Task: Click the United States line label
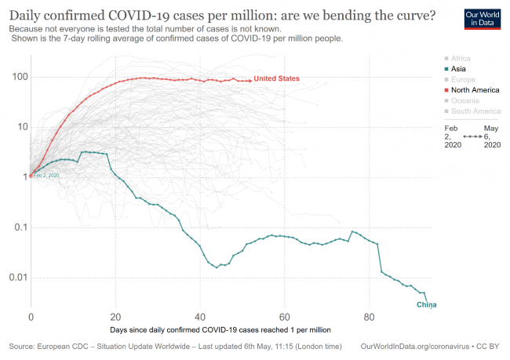(x=276, y=78)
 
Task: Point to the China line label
(x=426, y=304)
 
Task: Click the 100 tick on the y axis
(x=16, y=77)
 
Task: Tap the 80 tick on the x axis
(x=369, y=318)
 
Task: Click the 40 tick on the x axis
(x=200, y=318)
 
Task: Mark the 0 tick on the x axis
(x=31, y=318)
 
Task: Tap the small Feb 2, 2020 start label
(x=46, y=176)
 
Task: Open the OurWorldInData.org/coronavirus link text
(x=415, y=346)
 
